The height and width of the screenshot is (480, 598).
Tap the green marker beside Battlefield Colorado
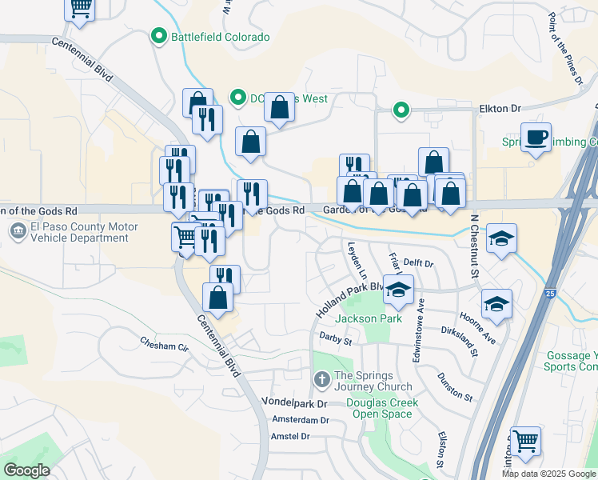158,37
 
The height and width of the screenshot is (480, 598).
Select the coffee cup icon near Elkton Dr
535,136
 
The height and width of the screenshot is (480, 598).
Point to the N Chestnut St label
474,234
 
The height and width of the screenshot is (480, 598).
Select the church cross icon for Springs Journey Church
321,378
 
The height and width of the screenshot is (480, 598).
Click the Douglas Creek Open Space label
384,408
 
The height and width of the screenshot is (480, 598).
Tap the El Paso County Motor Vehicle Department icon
17,232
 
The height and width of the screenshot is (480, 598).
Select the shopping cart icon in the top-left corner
79,8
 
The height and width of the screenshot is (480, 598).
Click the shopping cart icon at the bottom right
525,441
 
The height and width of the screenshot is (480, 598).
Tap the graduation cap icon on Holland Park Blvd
398,290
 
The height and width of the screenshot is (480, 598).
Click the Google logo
27,470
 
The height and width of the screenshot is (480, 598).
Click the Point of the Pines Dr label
564,48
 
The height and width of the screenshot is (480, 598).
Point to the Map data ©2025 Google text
548,474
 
